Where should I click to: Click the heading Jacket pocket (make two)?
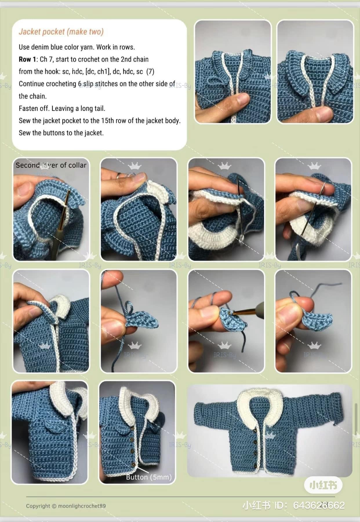coord(61,32)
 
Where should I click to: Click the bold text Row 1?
coord(27,59)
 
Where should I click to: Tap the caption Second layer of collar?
coord(51,165)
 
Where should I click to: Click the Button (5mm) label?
coord(149,477)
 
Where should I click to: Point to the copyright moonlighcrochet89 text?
coord(66,506)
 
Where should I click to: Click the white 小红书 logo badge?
coord(323,485)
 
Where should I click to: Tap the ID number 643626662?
coord(319,505)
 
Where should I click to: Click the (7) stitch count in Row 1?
coord(150,72)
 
